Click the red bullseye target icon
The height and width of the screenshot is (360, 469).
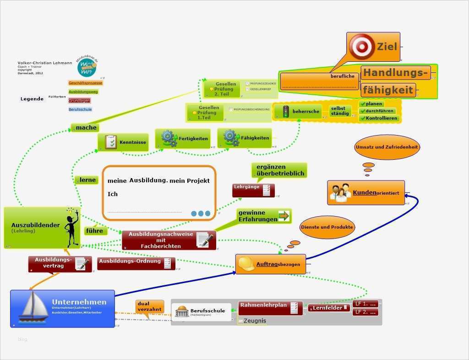point(361,46)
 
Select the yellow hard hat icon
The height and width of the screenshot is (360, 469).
point(246,264)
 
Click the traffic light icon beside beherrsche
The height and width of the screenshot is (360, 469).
point(285,111)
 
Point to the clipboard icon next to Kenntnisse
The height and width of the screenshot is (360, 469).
point(110,142)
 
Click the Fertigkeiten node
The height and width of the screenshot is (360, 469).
point(183,138)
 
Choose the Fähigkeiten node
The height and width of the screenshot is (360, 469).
point(245,138)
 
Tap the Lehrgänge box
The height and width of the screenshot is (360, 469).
point(253,190)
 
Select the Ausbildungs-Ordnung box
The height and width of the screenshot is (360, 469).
point(136,263)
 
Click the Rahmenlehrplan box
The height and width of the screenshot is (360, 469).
point(270,307)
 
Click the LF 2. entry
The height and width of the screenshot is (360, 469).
point(365,312)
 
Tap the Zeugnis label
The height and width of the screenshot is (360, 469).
point(254,321)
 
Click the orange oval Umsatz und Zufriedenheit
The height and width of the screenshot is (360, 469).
point(387,147)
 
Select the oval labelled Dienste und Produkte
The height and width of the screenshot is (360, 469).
point(327,227)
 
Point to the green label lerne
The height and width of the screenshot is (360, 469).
point(87,180)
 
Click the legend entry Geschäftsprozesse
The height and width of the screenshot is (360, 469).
point(86,83)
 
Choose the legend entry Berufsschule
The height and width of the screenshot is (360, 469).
point(80,109)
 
